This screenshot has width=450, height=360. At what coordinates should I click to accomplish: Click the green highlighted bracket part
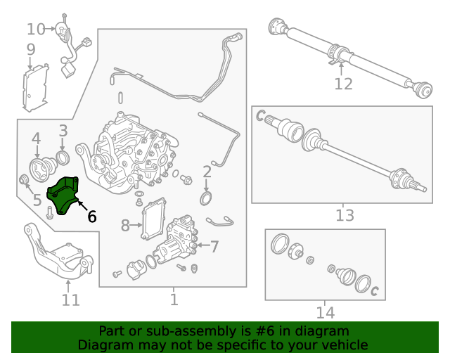coord(63,196)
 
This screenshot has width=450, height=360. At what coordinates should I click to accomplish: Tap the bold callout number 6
coord(92,217)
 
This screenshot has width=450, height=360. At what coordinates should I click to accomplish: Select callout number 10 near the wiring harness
coord(36,30)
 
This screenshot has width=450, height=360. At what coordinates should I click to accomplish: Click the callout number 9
coord(31,50)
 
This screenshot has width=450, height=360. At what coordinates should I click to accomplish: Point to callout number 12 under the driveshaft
coord(343,84)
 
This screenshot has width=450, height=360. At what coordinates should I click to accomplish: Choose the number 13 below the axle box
coord(345,215)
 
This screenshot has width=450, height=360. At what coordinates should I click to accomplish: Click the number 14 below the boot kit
coord(325,313)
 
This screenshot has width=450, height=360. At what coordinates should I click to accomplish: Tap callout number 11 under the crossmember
coord(70,300)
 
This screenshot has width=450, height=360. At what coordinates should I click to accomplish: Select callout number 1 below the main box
coord(174,300)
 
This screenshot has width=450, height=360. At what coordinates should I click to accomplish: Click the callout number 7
coord(214,247)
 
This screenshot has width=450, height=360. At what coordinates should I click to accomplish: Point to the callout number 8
coord(125,226)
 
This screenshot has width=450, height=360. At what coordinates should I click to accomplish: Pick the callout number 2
coord(207,172)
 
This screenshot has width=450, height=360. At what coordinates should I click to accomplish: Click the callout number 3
coord(63,131)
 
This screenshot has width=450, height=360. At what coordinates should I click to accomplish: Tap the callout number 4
coord(36,139)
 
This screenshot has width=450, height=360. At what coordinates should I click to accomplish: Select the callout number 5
coord(37,200)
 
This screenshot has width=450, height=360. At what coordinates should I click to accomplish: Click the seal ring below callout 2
coord(206,199)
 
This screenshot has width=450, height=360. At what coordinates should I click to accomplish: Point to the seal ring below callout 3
coord(63,157)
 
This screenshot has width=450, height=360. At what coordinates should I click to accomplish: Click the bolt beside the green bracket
coord(49,213)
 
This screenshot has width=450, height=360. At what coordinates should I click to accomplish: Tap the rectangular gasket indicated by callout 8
coord(153,218)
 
